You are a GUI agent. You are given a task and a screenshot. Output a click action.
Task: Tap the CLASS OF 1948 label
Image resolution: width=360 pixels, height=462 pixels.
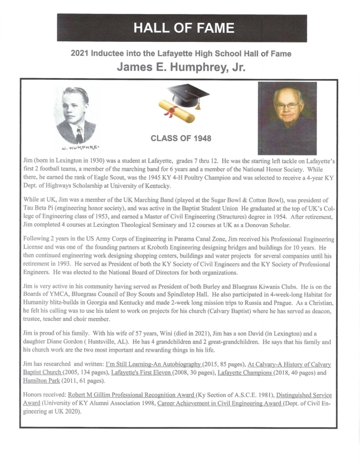[181, 138]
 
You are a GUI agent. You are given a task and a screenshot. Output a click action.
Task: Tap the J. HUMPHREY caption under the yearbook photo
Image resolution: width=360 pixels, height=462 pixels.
[75, 148]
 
